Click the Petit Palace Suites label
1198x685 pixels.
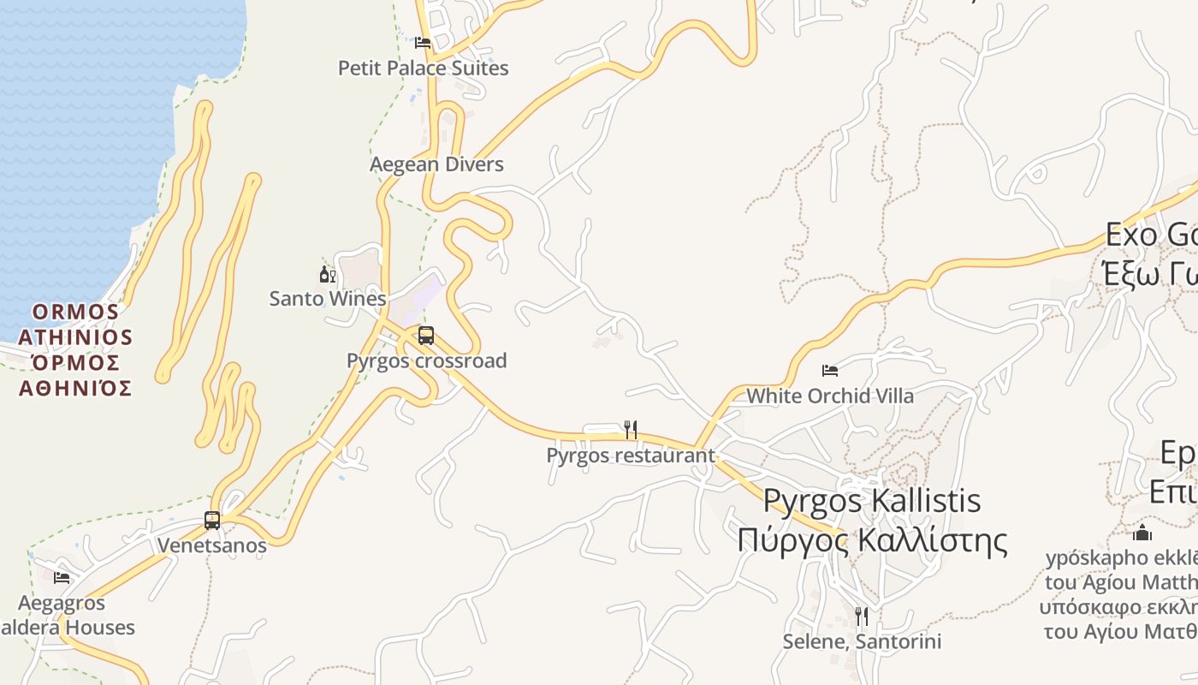tap(423, 68)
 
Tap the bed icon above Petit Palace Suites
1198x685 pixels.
tap(422, 42)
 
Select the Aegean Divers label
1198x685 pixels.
tap(436, 164)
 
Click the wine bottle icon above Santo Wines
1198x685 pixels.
tap(326, 274)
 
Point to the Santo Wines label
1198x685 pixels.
tap(328, 299)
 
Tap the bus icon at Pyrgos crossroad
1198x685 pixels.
tap(426, 336)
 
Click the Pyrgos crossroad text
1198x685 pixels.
tap(426, 360)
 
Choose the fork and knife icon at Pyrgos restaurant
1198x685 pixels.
tap(631, 430)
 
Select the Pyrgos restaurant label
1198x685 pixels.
tap(631, 456)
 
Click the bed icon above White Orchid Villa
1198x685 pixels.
tap(829, 371)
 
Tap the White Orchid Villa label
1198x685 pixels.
tap(830, 396)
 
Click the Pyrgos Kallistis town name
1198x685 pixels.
tap(871, 501)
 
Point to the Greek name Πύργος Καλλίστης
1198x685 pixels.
tap(871, 540)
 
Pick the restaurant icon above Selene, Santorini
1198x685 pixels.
tap(862, 616)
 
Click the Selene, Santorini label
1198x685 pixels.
tap(862, 641)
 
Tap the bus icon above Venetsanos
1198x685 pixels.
tap(211, 520)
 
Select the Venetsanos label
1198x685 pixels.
tap(211, 545)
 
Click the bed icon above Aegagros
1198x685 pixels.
tap(62, 578)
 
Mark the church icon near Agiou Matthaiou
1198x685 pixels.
tap(1142, 533)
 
